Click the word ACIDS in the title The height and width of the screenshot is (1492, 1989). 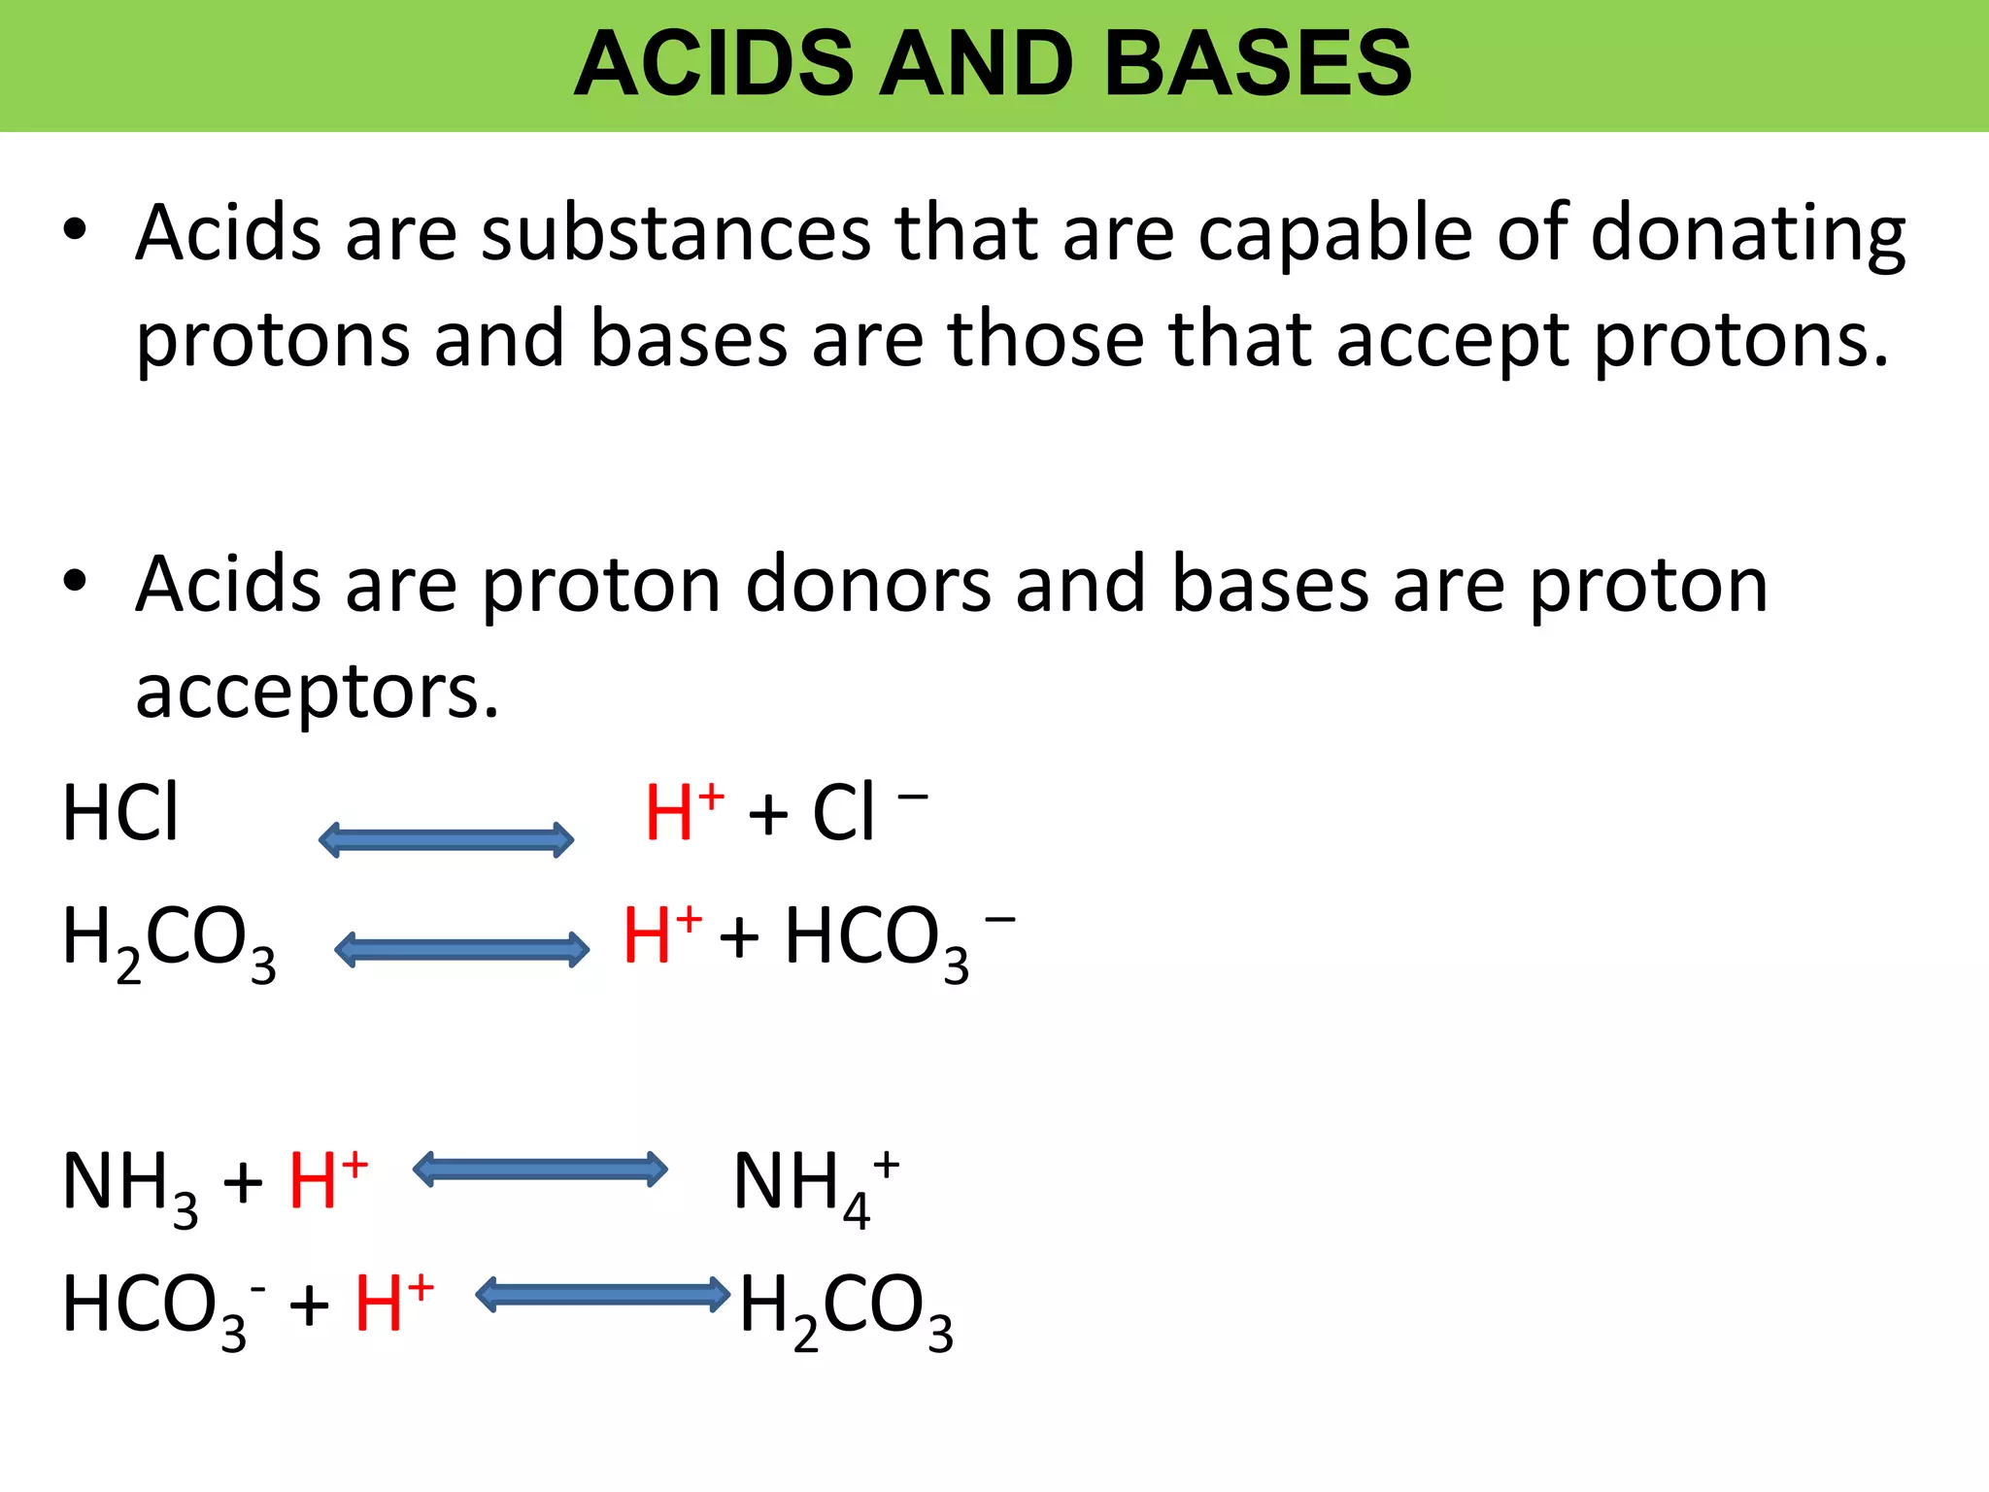point(713,64)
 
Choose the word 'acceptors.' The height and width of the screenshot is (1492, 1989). point(317,692)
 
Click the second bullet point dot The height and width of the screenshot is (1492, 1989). point(75,583)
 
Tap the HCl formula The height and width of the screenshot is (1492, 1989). point(120,813)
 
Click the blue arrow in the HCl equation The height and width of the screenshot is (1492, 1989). point(446,839)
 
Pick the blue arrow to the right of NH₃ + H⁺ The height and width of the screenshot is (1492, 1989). point(540,1169)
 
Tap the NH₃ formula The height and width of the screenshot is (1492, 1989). point(130,1185)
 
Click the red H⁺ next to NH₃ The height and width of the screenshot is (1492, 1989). point(327,1180)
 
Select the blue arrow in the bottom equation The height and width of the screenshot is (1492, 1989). point(602,1294)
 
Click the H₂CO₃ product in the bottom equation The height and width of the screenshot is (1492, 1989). point(845,1307)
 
